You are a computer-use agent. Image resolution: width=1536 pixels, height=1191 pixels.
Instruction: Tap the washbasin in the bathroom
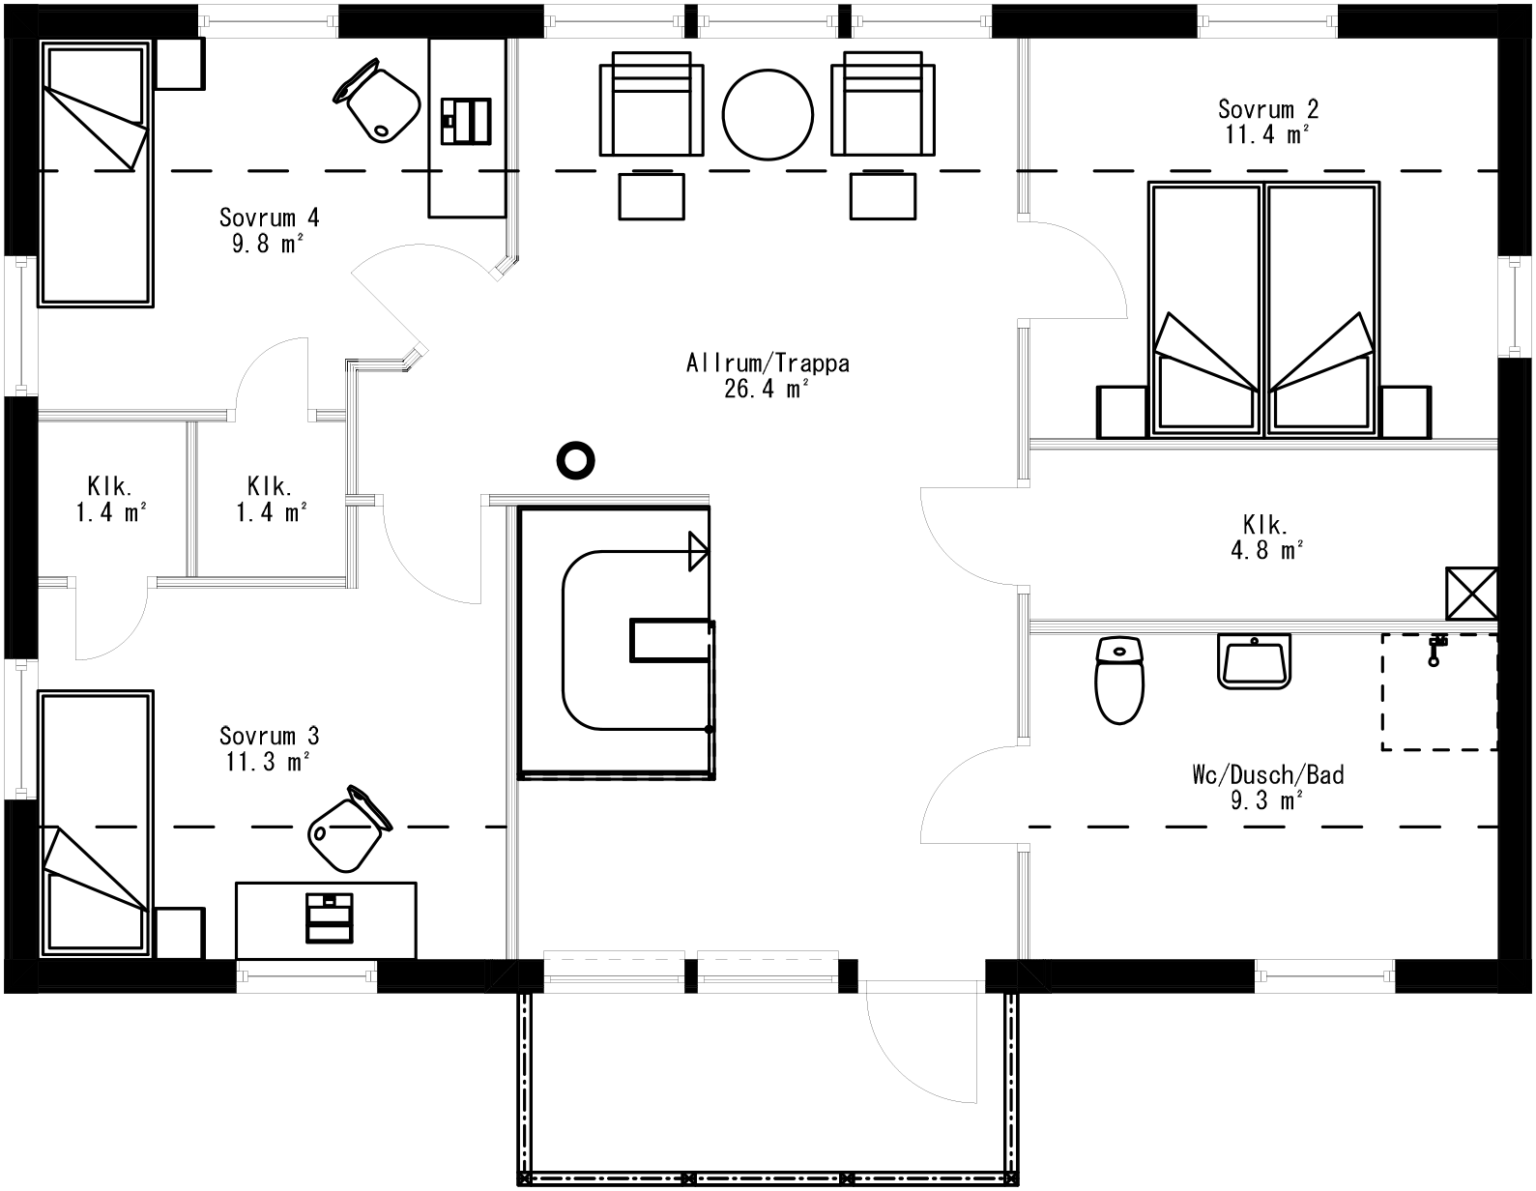(1254, 661)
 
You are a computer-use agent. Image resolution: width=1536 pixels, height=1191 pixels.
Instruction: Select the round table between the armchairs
(768, 113)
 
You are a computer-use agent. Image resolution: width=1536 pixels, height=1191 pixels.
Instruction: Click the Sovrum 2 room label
(1268, 108)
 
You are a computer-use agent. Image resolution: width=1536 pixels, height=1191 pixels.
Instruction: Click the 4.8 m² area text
(1266, 550)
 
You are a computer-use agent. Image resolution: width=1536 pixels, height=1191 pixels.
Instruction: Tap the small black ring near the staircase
(575, 460)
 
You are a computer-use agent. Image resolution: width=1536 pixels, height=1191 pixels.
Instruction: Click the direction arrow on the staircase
(697, 551)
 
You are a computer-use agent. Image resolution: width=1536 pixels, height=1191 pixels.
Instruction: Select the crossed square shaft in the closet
(1471, 594)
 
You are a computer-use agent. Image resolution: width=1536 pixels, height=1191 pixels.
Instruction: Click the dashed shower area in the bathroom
(1438, 691)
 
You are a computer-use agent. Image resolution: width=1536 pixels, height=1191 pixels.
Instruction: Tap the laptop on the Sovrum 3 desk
(330, 917)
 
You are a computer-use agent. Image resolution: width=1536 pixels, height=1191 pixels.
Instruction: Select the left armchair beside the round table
(652, 103)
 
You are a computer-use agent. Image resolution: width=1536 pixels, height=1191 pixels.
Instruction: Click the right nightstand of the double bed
(1405, 412)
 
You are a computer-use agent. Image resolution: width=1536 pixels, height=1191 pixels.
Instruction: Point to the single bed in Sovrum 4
(95, 174)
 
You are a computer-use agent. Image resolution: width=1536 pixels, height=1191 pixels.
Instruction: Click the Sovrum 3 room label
(269, 735)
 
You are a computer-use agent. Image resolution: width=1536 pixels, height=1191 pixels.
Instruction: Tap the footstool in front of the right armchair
(883, 196)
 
